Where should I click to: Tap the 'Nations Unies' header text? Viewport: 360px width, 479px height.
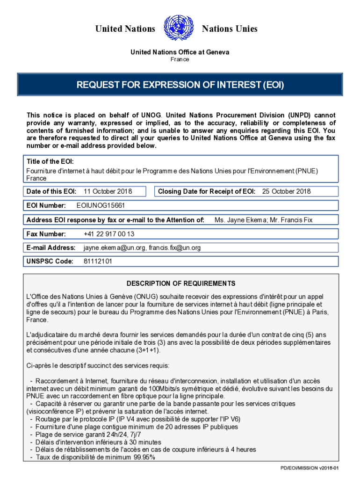pyautogui.click(x=230, y=29)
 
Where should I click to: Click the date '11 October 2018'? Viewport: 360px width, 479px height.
pyautogui.click(x=108, y=191)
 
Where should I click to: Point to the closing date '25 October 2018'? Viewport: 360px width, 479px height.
pyautogui.click(x=286, y=191)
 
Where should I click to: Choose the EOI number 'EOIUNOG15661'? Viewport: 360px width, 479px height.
pyautogui.click(x=101, y=205)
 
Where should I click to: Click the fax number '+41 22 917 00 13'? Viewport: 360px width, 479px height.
pyautogui.click(x=109, y=234)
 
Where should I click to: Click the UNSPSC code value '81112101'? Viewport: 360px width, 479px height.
pyautogui.click(x=98, y=262)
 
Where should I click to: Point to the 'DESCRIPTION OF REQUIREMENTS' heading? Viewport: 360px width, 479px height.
pyautogui.click(x=181, y=284)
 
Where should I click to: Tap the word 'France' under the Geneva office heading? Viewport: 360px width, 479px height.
pyautogui.click(x=180, y=59)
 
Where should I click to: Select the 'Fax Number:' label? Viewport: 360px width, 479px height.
pyautogui.click(x=46, y=234)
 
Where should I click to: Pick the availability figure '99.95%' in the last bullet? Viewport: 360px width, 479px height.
pyautogui.click(x=144, y=457)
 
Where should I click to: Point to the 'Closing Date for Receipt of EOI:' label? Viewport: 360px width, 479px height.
pyautogui.click(x=207, y=191)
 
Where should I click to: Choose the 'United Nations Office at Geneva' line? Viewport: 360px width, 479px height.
pyautogui.click(x=180, y=52)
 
